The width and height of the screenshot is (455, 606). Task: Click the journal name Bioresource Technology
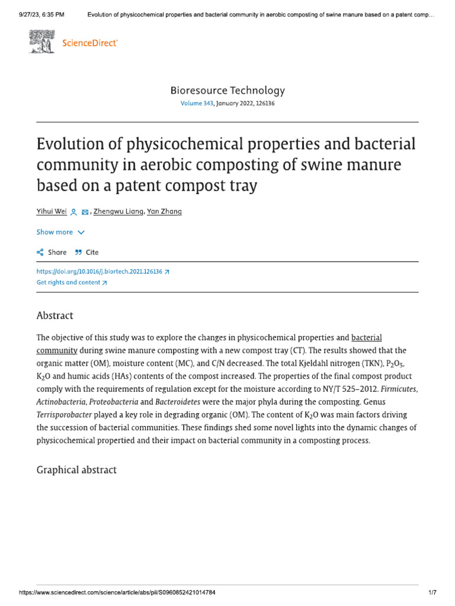[227, 91]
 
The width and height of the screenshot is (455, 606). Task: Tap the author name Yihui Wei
[52, 211]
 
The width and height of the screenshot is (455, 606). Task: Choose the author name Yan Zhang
[164, 211]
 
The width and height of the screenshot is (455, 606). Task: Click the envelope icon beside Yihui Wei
[85, 212]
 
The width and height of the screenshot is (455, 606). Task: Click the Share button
[52, 252]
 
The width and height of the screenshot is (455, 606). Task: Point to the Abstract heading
[55, 315]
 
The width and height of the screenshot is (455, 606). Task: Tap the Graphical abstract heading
[76, 470]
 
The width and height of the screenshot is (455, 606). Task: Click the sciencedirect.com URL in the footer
[117, 592]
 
